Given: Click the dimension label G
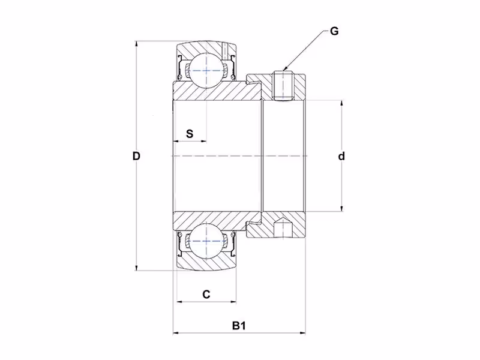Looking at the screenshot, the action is coord(334,31).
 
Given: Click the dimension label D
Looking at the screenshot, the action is coord(136,156).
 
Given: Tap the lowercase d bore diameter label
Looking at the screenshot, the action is coord(341,156).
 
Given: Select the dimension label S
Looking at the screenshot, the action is coord(190,134).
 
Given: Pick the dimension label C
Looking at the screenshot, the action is coord(206,294).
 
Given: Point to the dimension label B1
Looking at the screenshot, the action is coord(239,325).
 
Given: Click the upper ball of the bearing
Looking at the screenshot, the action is coord(206,70).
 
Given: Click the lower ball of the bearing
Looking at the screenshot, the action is coord(206,241).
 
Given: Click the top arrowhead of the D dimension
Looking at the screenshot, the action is coord(136,44).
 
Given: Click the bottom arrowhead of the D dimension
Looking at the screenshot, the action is coord(136,267).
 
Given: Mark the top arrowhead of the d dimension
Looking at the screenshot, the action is coord(341,104).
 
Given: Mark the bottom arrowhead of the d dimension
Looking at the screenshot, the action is coord(341,208).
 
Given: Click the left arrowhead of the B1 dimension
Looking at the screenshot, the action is coord(176,333).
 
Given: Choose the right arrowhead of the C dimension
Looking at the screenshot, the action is coord(233,302).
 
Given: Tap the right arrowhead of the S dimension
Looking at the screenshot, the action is coord(203,141).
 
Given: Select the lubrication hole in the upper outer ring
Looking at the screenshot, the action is coord(226,51).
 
